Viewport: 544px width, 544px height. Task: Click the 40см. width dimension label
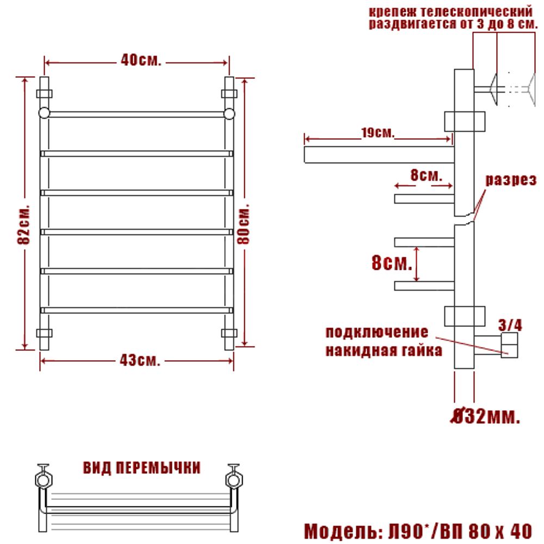[x=141, y=60]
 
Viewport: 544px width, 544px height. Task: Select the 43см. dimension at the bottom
[x=140, y=361]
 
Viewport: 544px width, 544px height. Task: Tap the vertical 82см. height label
[x=23, y=225]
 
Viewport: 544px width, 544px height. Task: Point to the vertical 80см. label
[x=244, y=224]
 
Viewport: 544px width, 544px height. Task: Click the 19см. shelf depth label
[x=378, y=133]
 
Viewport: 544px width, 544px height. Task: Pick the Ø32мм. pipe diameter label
[x=486, y=416]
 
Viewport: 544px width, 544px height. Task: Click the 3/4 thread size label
[x=510, y=325]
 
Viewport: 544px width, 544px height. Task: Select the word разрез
[x=511, y=180]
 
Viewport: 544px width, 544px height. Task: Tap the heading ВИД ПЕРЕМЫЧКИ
[x=141, y=468]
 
